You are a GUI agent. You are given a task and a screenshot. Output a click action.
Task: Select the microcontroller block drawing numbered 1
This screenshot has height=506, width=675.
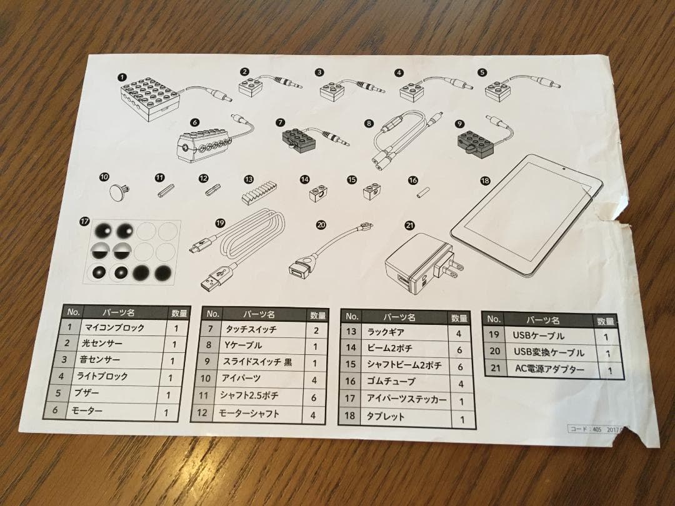click(150, 97)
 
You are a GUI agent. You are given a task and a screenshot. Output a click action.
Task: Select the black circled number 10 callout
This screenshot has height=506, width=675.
click(104, 176)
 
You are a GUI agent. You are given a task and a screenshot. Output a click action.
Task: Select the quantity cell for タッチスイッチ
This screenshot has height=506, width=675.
click(316, 330)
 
